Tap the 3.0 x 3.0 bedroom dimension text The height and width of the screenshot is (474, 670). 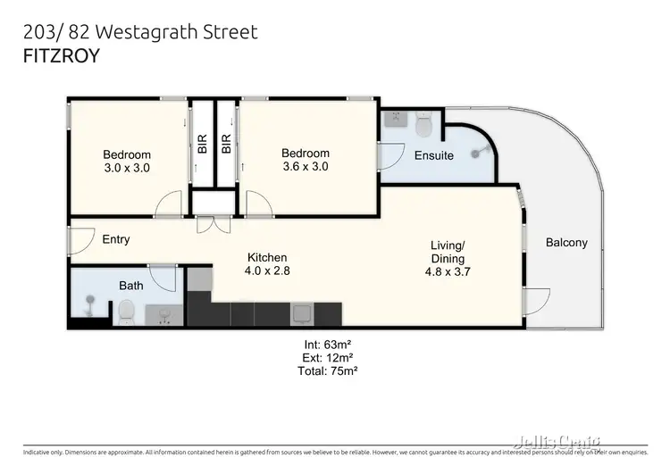[126, 167]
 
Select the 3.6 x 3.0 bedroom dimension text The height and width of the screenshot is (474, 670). [305, 166]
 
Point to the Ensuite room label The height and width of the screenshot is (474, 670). [433, 155]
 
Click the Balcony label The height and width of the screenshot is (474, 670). [566, 242]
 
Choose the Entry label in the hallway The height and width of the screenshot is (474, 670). [115, 239]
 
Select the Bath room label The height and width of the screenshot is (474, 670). [131, 286]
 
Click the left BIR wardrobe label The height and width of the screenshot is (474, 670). [202, 144]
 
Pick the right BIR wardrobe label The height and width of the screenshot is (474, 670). [227, 144]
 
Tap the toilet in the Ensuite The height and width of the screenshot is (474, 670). [423, 126]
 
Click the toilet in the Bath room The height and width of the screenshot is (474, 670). [126, 312]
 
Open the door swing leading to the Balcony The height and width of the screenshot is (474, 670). [536, 302]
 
